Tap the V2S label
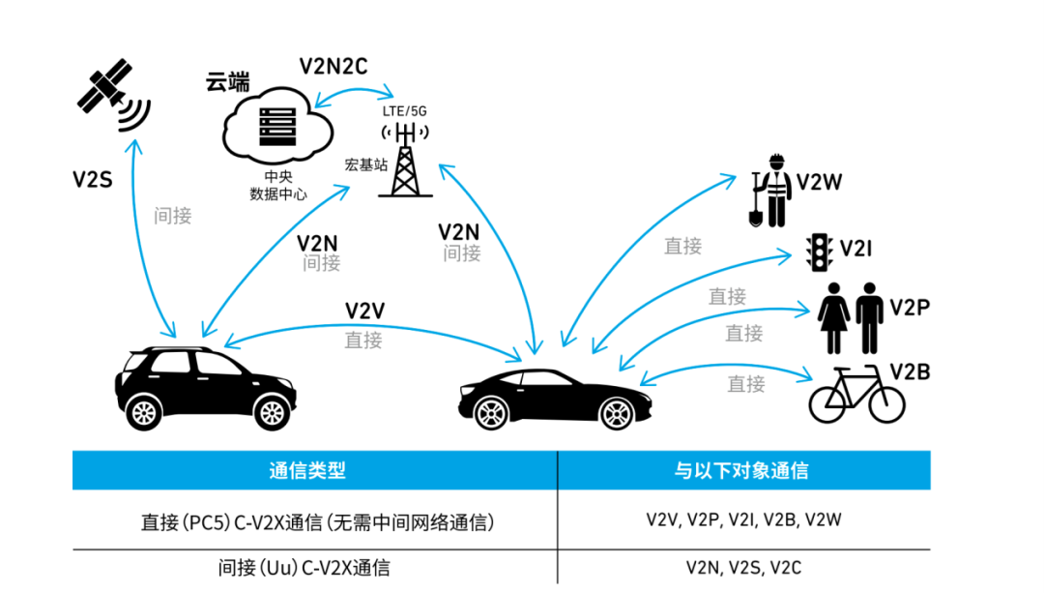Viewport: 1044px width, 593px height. [94, 179]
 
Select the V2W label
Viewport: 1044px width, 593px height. [819, 182]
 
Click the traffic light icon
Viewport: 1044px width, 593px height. [820, 251]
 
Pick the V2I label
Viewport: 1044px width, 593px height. [856, 249]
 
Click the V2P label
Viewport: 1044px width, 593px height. [910, 308]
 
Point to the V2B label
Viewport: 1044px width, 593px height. [909, 371]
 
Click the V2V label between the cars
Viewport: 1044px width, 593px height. [365, 311]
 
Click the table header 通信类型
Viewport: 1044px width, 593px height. [307, 471]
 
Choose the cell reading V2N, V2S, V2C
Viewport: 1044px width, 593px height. [743, 568]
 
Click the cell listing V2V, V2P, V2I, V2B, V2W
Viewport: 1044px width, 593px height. [743, 520]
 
